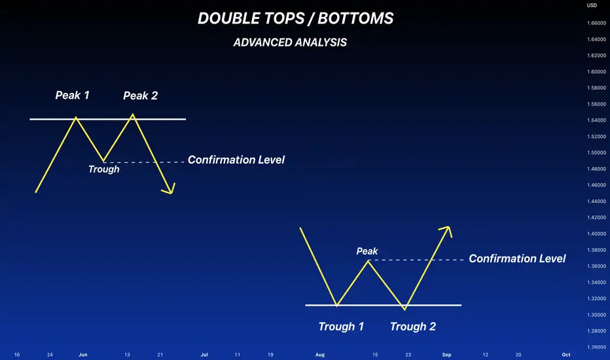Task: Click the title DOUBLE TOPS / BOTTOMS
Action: click(x=296, y=18)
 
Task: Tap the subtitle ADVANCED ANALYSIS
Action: click(x=290, y=43)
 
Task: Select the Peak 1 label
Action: click(x=73, y=95)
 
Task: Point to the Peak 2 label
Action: click(x=141, y=96)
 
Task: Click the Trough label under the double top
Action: click(x=104, y=170)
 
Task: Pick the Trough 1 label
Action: click(x=341, y=327)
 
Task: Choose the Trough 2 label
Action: click(x=413, y=327)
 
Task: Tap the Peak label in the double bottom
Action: click(x=367, y=251)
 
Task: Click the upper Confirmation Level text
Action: click(x=236, y=160)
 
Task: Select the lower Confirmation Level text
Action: click(x=517, y=259)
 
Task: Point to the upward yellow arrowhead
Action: click(x=446, y=230)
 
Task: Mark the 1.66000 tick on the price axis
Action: click(x=596, y=23)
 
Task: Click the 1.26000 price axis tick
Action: click(x=596, y=347)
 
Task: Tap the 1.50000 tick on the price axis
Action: click(x=596, y=153)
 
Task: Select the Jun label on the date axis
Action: click(x=83, y=355)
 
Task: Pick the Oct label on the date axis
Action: click(x=566, y=355)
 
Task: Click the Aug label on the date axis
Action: click(x=320, y=355)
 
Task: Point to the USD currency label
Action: click(x=592, y=5)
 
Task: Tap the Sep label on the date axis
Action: click(x=446, y=355)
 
